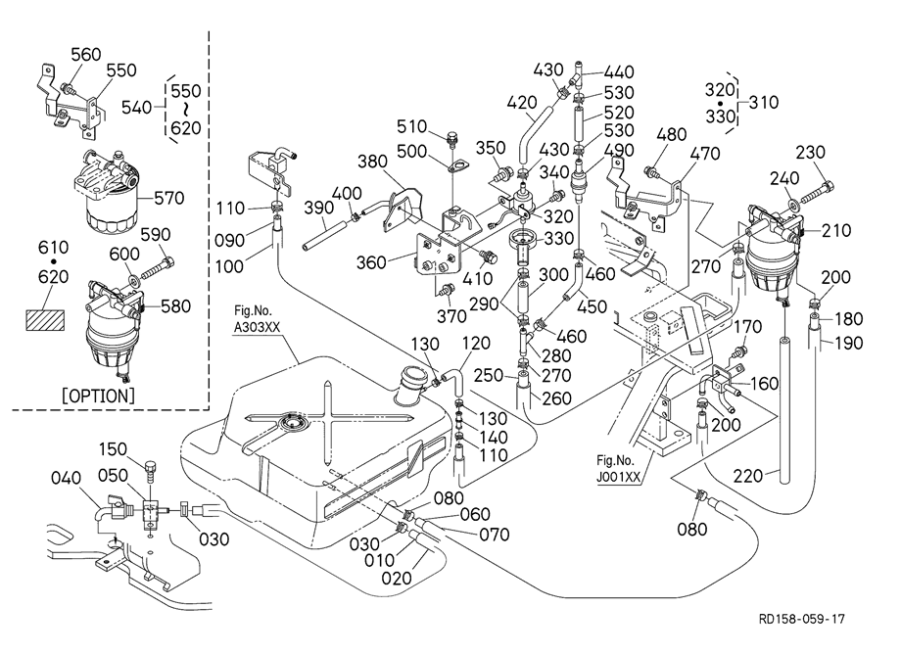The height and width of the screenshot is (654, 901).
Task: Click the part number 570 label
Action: tap(169, 198)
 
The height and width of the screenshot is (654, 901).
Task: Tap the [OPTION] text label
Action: tap(98, 396)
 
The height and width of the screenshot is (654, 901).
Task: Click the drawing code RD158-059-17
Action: tap(800, 620)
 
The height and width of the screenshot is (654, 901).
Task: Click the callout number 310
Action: tap(764, 101)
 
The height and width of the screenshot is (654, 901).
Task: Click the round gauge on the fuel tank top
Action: tap(291, 423)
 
